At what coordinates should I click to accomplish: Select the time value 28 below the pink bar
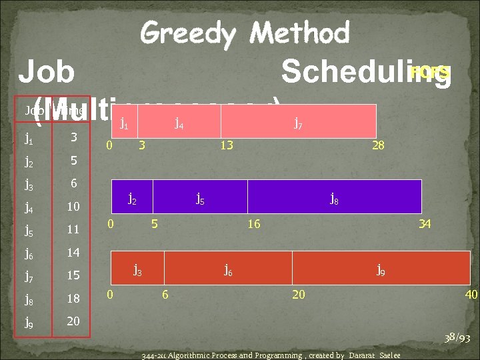378,145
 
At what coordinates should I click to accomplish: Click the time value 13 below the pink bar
227,145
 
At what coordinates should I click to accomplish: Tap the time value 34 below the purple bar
425,224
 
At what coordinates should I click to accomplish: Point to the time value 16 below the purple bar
253,224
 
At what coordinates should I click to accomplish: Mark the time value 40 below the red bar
471,295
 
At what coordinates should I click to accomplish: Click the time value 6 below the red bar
165,295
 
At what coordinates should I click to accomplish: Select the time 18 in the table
73,298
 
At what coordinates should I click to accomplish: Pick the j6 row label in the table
30,253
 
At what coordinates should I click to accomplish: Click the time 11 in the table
73,229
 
